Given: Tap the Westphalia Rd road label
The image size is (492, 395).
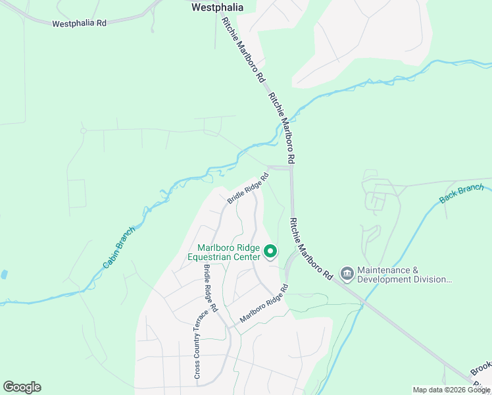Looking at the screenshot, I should pyautogui.click(x=79, y=24).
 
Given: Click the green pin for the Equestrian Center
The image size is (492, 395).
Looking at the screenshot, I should pyautogui.click(x=270, y=251).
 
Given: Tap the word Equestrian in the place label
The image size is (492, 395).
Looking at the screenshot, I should pyautogui.click(x=212, y=257).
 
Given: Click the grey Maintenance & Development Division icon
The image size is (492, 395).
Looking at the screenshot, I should pyautogui.click(x=347, y=273).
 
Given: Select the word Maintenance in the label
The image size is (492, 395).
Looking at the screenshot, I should pyautogui.click(x=383, y=271).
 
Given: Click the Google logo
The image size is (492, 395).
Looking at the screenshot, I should pyautogui.click(x=22, y=387).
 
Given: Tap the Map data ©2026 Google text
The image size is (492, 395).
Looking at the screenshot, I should pyautogui.click(x=451, y=390).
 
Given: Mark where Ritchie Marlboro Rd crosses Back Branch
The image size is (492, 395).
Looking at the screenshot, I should pyautogui.click(x=363, y=303).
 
